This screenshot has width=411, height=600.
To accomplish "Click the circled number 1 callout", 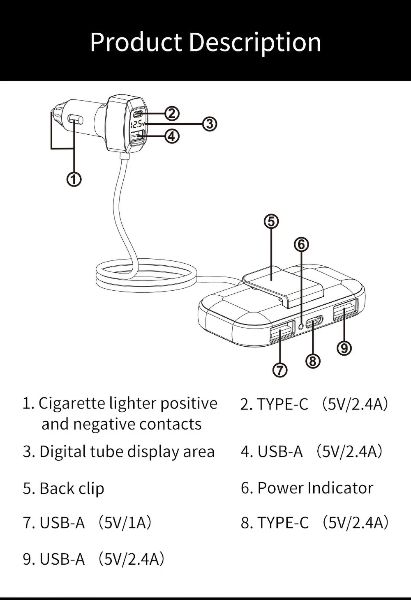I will point(74,179).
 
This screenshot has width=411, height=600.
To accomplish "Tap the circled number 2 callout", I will point(172,113).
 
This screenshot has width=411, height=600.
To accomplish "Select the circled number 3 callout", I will point(209,123).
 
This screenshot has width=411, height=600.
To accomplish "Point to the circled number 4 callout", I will point(172,136).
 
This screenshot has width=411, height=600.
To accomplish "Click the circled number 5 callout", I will point(271,221).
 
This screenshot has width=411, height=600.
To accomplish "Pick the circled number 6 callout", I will point(301,244).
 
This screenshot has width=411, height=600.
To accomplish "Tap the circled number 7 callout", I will point(280,370).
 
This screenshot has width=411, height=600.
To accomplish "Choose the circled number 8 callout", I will point(313,361).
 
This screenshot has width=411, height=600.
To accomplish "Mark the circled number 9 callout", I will point(344,348).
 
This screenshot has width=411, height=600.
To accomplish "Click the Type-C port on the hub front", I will point(314,322).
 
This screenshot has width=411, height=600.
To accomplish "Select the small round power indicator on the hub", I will point(302,326).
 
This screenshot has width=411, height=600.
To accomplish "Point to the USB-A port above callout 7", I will point(282,330).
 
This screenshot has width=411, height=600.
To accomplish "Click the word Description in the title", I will point(255,42).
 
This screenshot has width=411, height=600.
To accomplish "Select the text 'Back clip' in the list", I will point(72,488).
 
